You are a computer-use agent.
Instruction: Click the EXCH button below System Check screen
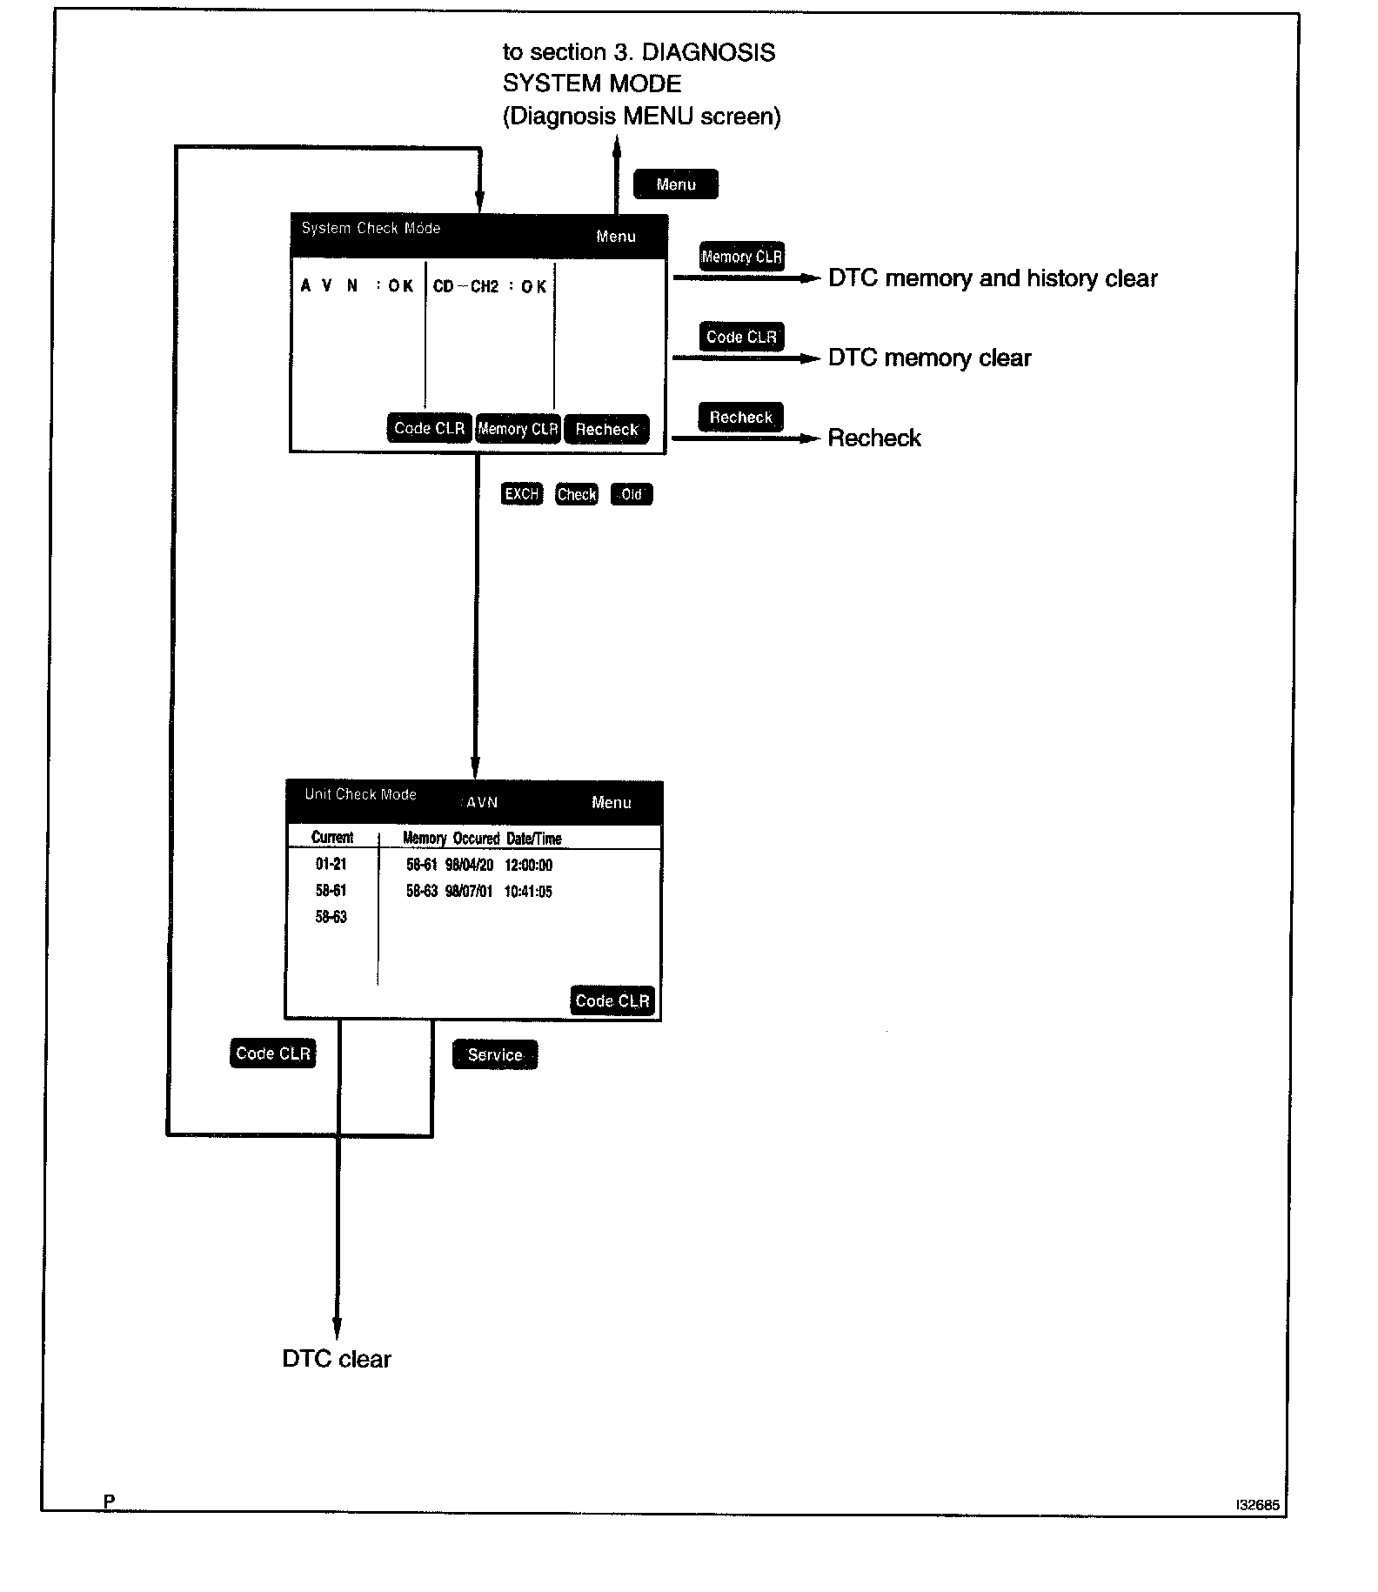pos(522,494)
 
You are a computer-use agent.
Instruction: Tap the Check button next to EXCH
pos(576,494)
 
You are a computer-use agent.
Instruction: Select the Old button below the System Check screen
pos(631,494)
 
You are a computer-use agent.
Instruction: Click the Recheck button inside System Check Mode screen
pos(606,429)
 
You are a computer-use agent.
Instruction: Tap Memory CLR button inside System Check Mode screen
pos(518,429)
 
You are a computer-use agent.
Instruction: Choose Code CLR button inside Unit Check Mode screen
pos(612,1000)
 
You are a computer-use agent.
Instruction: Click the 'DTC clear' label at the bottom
pos(337,1359)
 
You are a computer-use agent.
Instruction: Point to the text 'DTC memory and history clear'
pos(993,278)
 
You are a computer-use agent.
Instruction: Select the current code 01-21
pos(331,864)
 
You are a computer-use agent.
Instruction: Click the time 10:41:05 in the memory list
pos(528,892)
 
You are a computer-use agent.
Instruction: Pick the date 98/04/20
pos(469,865)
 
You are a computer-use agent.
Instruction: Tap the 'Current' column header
pos(332,838)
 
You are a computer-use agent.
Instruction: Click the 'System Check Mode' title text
pos(371,228)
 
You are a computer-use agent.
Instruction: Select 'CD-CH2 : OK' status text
pos(489,286)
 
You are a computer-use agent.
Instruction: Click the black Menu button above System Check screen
pos(676,184)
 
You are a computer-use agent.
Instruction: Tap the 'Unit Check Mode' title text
pos(360,794)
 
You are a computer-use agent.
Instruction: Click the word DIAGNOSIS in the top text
pos(708,52)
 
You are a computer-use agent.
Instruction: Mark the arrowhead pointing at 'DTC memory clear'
pos(812,358)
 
